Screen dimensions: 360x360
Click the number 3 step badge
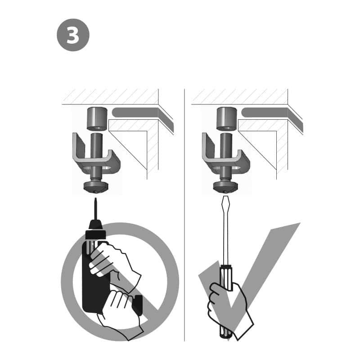73,35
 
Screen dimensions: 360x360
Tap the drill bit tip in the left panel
95,198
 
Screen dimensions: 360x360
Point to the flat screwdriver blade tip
225,197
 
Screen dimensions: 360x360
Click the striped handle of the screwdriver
226,298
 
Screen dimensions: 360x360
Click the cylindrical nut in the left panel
97,119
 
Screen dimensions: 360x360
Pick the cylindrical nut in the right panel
227,119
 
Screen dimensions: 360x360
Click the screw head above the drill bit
96,186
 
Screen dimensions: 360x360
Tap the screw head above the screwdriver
226,186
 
